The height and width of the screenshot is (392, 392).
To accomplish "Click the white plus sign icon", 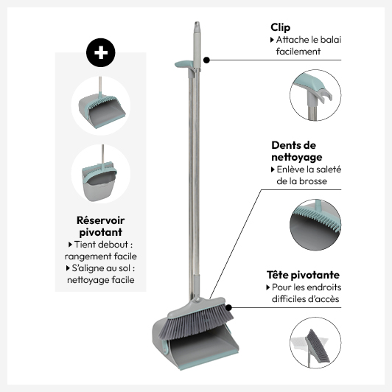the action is pos(101,53).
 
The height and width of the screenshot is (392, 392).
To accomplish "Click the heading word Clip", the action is pos(280,28).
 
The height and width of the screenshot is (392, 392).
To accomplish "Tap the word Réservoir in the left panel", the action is pos(100,220).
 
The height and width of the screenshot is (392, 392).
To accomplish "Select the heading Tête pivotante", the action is pos(303,275).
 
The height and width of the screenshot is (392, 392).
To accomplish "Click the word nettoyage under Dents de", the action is pos(297,158).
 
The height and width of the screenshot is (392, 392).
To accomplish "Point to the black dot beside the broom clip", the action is pos(206,60).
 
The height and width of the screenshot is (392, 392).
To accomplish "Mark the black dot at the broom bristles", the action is pos(228,308).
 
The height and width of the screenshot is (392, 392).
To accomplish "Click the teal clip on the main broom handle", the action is pos(183,64).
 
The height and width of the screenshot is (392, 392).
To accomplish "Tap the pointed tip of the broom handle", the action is pos(197,23).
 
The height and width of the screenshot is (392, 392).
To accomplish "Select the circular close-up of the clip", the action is pos(315,95).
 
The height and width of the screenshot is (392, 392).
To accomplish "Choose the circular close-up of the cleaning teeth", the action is pos(315,225).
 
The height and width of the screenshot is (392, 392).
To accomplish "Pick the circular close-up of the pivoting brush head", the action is pos(315,343).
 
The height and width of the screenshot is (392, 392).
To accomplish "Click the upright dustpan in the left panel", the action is pos(99,180).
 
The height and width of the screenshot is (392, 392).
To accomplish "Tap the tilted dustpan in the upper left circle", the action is pos(102,110).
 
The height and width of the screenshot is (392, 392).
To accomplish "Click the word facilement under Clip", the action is pos(298,52).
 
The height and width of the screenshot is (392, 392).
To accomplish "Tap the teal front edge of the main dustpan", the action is pos(209,360).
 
